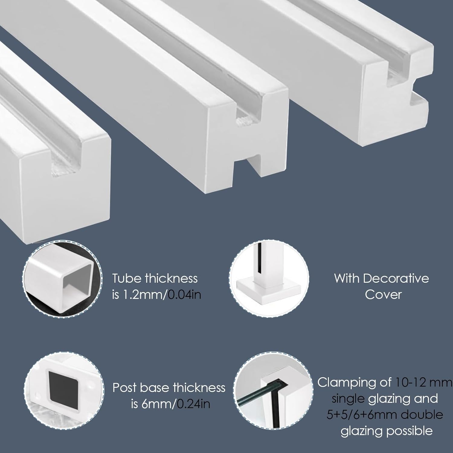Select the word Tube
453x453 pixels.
[127, 278]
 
